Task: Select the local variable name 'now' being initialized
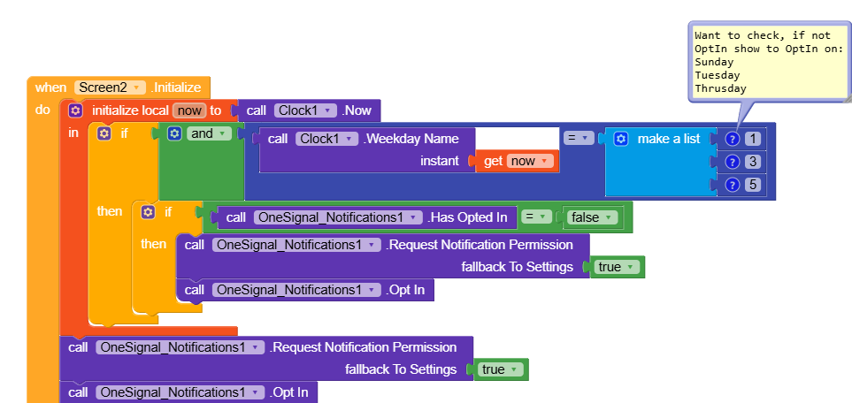(x=188, y=110)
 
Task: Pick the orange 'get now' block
(x=518, y=161)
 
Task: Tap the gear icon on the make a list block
(x=621, y=139)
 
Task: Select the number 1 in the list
(x=753, y=139)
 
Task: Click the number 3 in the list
(x=753, y=162)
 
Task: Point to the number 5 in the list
(x=753, y=185)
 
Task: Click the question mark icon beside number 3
(x=732, y=162)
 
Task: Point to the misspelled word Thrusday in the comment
(x=721, y=88)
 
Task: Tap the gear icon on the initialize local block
(x=75, y=110)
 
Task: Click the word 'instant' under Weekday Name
(x=440, y=161)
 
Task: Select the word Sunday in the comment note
(x=714, y=63)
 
